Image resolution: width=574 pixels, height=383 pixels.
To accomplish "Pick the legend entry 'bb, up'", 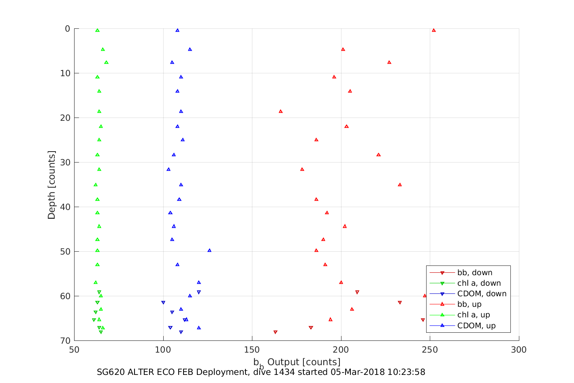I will [469, 304].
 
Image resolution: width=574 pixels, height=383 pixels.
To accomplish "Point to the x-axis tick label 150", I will [252, 350].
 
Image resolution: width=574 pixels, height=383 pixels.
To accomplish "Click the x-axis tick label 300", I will [519, 350].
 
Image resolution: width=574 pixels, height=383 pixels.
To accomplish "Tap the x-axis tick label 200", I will [341, 350].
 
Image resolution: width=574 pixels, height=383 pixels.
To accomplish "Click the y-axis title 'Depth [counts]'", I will [51, 185].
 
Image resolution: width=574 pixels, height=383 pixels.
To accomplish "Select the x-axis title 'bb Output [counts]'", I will [297, 362].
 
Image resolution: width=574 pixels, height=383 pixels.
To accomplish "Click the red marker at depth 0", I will [433, 30].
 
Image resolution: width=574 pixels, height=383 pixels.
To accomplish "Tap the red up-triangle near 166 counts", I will [281, 111].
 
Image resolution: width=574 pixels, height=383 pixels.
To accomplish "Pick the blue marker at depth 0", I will [177, 30].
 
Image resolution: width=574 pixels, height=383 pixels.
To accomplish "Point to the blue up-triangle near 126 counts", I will [209, 250].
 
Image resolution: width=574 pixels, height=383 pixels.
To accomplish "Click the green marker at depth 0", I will [97, 30].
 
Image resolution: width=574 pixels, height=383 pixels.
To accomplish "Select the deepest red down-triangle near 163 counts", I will [275, 332].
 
